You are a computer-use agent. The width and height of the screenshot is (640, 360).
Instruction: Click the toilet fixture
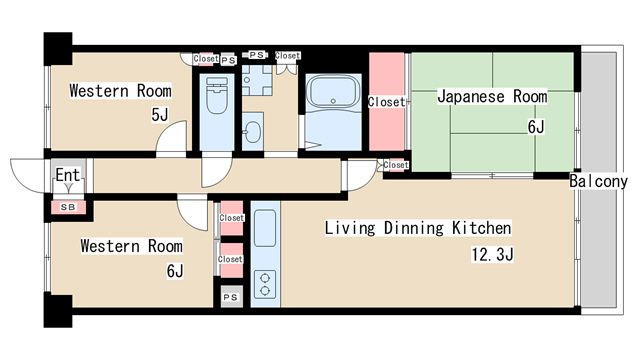click(x=215, y=100)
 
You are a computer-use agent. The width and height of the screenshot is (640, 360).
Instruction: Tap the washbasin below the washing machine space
click(x=252, y=131)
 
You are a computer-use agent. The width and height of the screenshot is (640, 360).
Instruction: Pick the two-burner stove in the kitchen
click(x=267, y=283)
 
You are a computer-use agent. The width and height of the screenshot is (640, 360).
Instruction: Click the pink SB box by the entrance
click(x=68, y=207)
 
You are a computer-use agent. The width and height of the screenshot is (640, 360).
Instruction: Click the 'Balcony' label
click(x=598, y=182)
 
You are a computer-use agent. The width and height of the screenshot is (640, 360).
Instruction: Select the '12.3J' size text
click(x=493, y=254)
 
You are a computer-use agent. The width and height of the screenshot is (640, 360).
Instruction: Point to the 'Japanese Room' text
click(x=491, y=97)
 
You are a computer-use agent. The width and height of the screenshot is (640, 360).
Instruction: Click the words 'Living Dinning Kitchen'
click(x=418, y=228)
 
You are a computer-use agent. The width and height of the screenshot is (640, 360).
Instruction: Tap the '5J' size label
click(x=160, y=115)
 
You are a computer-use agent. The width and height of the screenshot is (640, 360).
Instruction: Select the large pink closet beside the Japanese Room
click(x=386, y=102)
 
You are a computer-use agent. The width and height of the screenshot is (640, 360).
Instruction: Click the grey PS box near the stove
click(x=230, y=297)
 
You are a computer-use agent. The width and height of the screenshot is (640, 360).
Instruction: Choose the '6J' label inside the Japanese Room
click(x=536, y=127)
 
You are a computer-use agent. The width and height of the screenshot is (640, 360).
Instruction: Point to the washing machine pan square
click(x=255, y=80)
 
